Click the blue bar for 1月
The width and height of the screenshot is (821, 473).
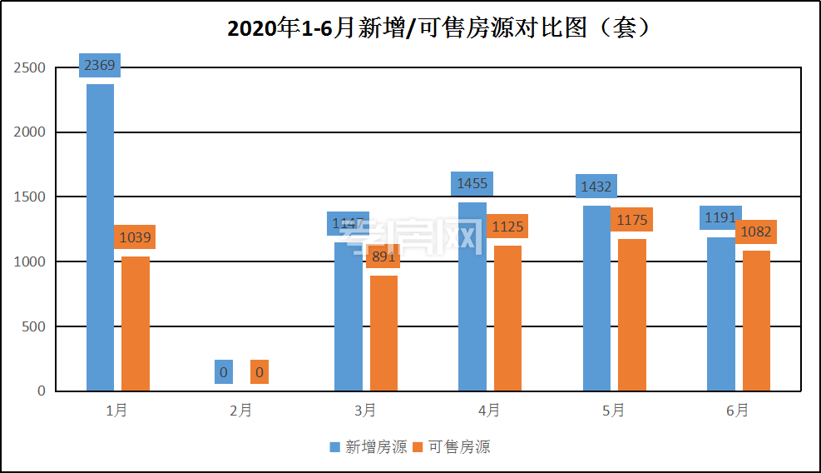[x=100, y=237]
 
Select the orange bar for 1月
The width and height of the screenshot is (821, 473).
[x=136, y=324]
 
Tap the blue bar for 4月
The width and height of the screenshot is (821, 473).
[x=472, y=296]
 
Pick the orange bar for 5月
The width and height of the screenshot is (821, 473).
[x=632, y=315]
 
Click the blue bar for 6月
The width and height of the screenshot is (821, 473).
[x=721, y=314]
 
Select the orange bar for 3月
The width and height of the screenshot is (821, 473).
[x=383, y=333]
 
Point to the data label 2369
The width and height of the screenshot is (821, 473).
[x=100, y=65]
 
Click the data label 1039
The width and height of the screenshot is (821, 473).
[x=135, y=237]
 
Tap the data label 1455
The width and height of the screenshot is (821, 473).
[x=472, y=183]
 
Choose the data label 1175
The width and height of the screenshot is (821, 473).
[x=631, y=220]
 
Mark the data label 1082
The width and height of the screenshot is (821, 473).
[x=756, y=232]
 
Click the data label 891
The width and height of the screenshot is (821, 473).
[x=383, y=256]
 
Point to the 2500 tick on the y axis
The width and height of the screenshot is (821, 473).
[x=30, y=67]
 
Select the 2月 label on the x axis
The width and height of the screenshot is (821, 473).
[x=241, y=410]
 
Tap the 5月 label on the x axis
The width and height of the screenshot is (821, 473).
[x=614, y=410]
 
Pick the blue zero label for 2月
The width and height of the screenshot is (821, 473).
[x=223, y=371]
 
